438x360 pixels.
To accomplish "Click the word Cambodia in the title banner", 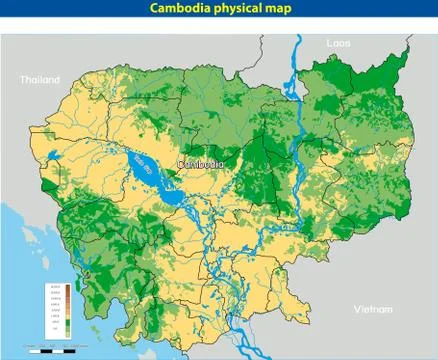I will tap(183, 9).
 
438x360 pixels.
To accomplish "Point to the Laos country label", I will tap(338, 44).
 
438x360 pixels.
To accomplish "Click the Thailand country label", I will tap(40, 80).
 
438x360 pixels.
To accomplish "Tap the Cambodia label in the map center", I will tap(202, 164).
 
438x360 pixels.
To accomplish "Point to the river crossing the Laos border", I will tap(297, 50).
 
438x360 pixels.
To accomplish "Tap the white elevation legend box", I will tap(59, 309).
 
